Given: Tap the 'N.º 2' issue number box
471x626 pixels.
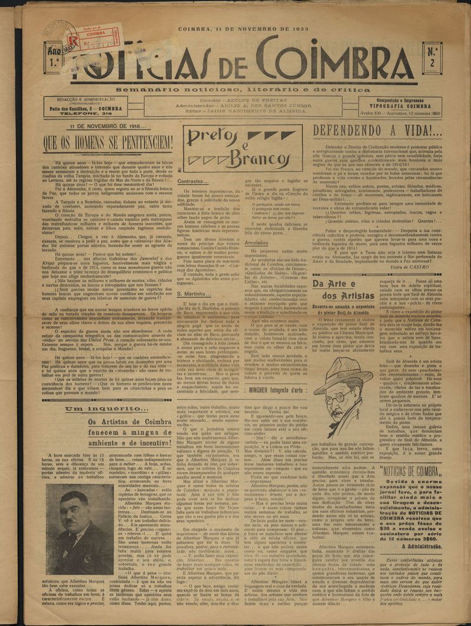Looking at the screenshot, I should [x=432, y=57].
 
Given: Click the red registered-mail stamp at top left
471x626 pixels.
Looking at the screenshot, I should [x=94, y=39].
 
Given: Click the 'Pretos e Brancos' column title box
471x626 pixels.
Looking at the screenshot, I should [x=242, y=148].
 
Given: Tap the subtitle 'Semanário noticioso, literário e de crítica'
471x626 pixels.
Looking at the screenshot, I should [x=246, y=89].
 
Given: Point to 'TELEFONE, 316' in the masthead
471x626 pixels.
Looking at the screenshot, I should [x=95, y=113].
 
